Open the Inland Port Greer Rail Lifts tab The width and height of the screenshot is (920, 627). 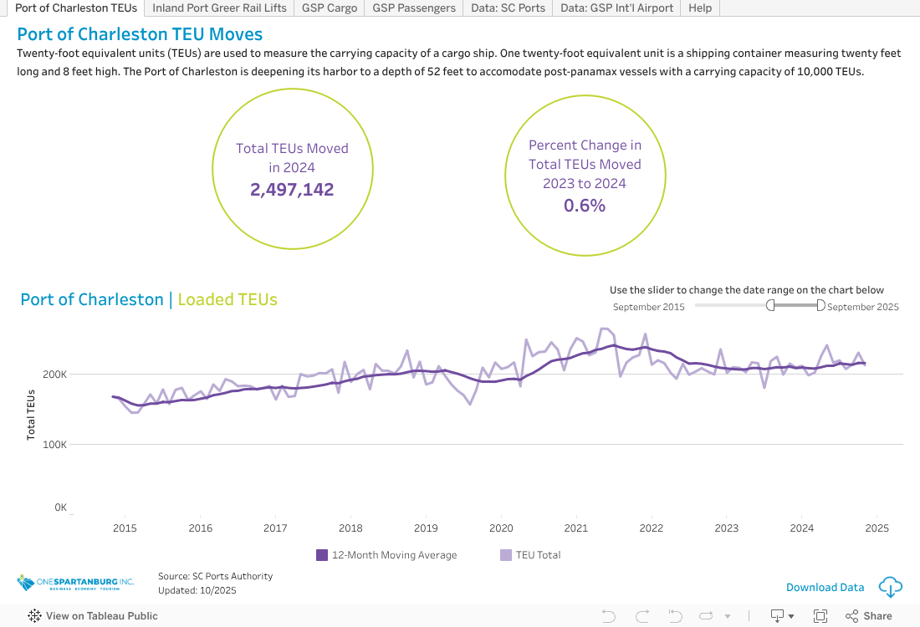(x=219, y=8)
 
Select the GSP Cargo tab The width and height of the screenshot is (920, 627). (x=330, y=8)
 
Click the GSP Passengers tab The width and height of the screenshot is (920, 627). (x=414, y=8)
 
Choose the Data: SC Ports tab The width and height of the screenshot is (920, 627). (x=508, y=8)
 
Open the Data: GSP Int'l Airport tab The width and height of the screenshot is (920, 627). (x=616, y=8)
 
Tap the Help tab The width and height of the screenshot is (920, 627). (x=700, y=8)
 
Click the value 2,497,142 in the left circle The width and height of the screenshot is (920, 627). (x=292, y=190)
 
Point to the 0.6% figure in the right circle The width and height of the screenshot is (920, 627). (x=585, y=205)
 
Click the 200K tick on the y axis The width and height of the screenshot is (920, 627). (x=55, y=375)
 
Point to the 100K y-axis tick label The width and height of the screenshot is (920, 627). (x=55, y=445)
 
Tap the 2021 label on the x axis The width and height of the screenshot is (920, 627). (x=576, y=528)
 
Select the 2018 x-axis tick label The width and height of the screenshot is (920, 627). (x=350, y=528)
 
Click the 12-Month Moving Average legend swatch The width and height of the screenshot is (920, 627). (x=322, y=555)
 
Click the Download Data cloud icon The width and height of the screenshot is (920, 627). (x=890, y=587)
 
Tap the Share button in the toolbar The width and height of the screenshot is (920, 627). (x=869, y=616)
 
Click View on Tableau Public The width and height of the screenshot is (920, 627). (x=93, y=616)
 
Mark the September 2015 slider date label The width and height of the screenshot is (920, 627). (x=648, y=307)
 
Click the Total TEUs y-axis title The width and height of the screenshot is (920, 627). (x=31, y=415)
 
